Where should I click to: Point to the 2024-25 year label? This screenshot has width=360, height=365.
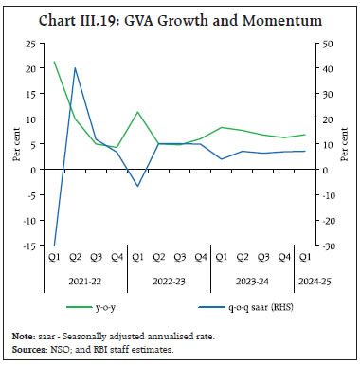click(x=302, y=280)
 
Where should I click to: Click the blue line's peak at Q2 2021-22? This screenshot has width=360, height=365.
click(x=75, y=68)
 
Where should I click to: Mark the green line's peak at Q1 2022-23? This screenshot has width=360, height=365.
click(x=137, y=112)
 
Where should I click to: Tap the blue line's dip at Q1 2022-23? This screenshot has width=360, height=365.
click(x=137, y=186)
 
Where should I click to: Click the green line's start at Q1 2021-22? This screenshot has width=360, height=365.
click(x=54, y=63)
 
